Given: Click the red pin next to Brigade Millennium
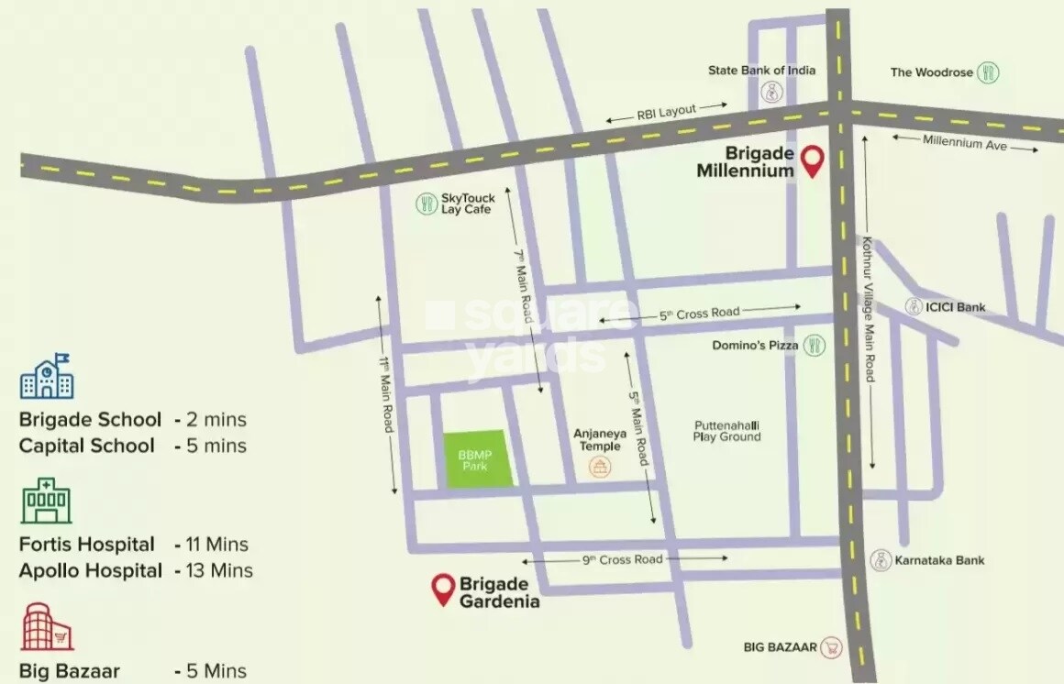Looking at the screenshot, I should tap(811, 160).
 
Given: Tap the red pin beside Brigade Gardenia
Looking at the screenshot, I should tap(444, 588).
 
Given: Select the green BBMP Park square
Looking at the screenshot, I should tap(474, 458).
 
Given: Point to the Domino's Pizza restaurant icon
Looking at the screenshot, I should tap(814, 346).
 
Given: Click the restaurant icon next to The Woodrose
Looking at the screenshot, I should tap(988, 72).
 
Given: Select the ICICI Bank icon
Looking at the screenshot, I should tap(914, 307).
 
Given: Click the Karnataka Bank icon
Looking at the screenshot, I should tap(881, 560).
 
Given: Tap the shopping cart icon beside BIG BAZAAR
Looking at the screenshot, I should tap(831, 647).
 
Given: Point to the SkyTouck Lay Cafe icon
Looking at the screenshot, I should tap(426, 204).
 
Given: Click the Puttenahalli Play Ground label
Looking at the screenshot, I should tap(726, 431).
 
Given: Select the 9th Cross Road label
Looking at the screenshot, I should tap(622, 559).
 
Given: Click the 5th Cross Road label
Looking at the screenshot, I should tap(699, 314).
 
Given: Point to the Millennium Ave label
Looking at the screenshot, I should tap(965, 143).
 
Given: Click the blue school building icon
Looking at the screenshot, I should tap(46, 377).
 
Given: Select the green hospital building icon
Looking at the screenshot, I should tap(46, 501).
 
